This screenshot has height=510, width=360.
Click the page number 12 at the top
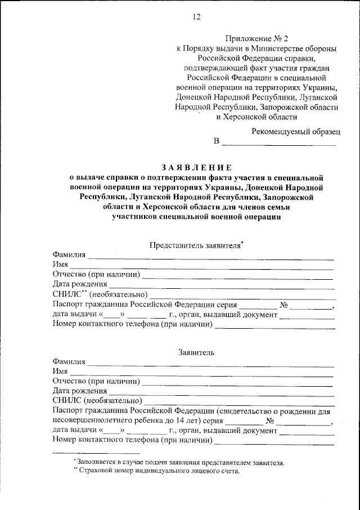click(196, 16)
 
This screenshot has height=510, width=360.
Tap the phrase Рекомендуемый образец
click(295, 131)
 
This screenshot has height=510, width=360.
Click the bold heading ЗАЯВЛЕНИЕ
click(196, 167)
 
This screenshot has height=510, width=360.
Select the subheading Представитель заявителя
click(195, 245)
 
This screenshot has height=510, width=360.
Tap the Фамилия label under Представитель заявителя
click(69, 255)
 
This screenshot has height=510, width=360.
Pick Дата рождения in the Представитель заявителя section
click(80, 284)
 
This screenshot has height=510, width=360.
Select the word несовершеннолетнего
click(93, 420)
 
